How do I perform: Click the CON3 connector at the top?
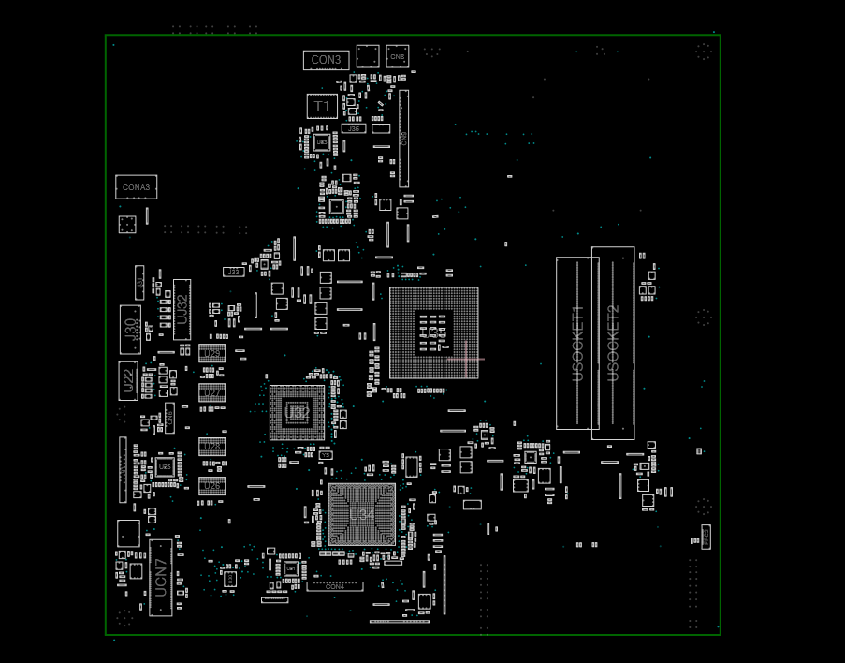[x=326, y=60]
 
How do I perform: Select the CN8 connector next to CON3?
[x=398, y=56]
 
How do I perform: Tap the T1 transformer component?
[x=321, y=106]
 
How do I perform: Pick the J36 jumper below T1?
[x=353, y=128]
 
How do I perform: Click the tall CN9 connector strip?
[x=404, y=139]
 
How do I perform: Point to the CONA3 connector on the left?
[x=136, y=187]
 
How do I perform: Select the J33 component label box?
[x=234, y=272]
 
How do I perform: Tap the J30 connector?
[x=129, y=329]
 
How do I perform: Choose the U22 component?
[x=128, y=380]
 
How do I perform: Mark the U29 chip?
[x=211, y=353]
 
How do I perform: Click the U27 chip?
[x=211, y=392]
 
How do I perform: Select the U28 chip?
[x=211, y=447]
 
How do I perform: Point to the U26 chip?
[x=211, y=486]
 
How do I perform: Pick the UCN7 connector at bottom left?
[x=161, y=577]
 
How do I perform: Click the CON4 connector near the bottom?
[x=334, y=586]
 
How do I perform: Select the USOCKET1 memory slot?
[x=577, y=343]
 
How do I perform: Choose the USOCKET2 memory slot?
[x=613, y=343]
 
